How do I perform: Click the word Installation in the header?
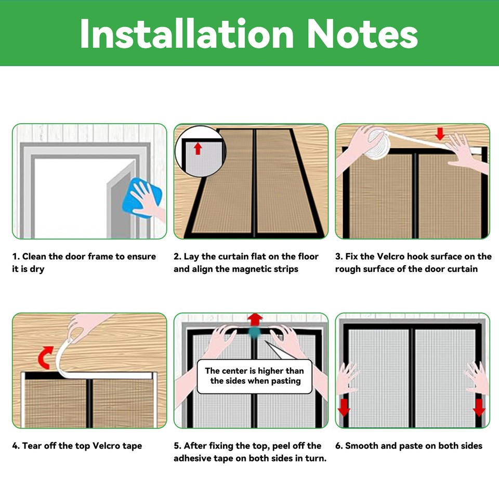(x=187, y=33)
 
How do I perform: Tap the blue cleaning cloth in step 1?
(x=142, y=198)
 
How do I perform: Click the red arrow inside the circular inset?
(x=198, y=149)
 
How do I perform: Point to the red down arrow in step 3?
(x=440, y=134)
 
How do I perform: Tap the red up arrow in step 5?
(x=255, y=320)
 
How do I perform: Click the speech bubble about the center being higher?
(x=255, y=376)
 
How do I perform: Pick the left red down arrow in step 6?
(x=344, y=408)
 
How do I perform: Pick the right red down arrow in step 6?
(x=479, y=408)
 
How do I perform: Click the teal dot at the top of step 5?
(x=254, y=333)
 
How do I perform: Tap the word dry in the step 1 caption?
(x=37, y=270)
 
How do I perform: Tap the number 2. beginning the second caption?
(x=177, y=256)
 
